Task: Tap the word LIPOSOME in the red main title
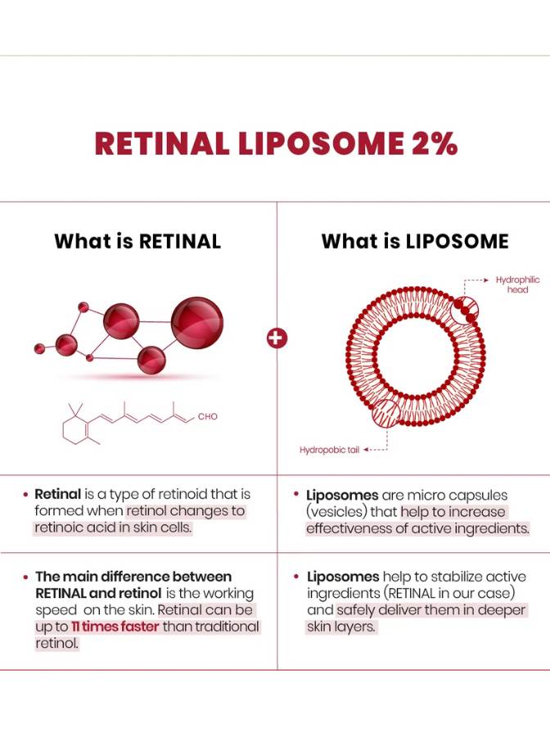317,143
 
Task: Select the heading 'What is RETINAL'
137,241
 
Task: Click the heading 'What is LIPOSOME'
415,241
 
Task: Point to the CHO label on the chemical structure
208,416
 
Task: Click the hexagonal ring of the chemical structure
79,427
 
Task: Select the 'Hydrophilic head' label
517,285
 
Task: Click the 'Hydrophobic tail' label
329,449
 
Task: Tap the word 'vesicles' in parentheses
335,511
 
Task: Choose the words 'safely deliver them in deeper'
431,610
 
